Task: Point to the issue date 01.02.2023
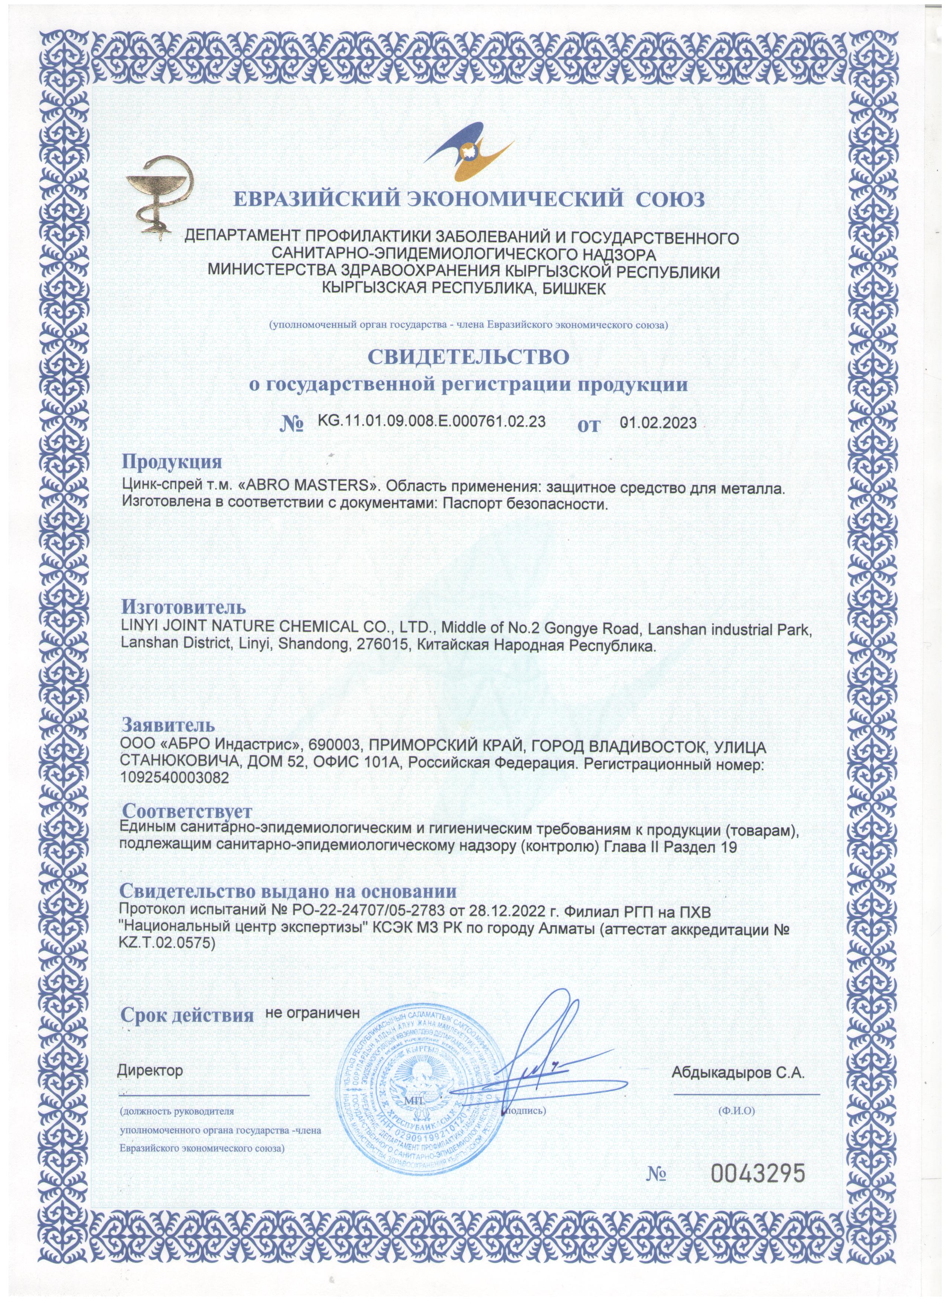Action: click(x=659, y=423)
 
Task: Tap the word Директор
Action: click(x=150, y=1070)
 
